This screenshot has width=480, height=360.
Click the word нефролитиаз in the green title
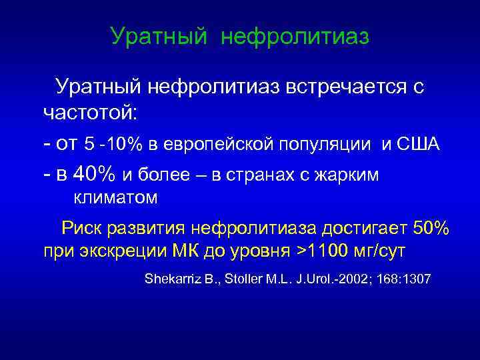click(x=295, y=37)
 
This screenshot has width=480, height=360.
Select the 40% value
click(x=95, y=174)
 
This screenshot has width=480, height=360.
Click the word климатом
click(x=115, y=197)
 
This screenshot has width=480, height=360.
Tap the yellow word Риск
click(x=85, y=229)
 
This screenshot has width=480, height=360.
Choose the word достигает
click(x=363, y=229)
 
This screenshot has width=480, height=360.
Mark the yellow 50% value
click(x=431, y=229)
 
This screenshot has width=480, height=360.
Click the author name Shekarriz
click(x=169, y=278)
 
